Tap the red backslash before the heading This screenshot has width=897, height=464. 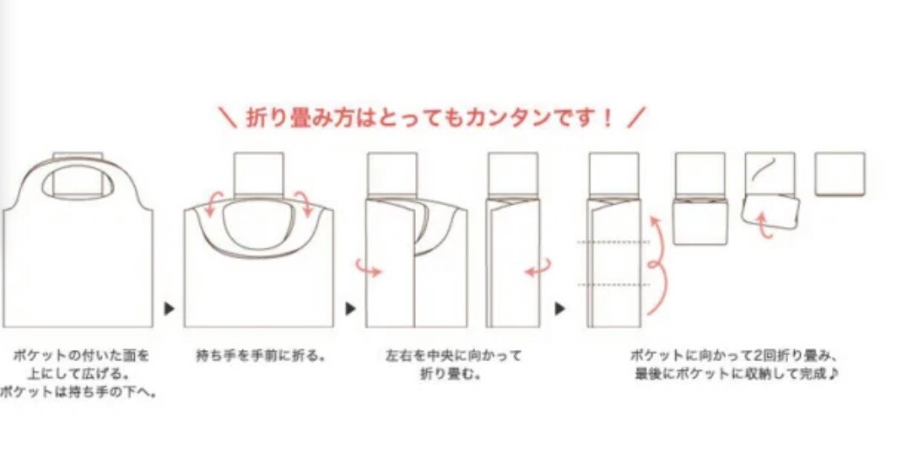(228, 118)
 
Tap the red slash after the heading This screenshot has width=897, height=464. (635, 118)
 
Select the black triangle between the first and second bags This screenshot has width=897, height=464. (169, 309)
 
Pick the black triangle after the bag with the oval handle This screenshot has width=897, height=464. (350, 309)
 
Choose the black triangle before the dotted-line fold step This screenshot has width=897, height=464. (560, 309)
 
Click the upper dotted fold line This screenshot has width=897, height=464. (613, 242)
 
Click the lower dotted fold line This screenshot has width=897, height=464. (613, 284)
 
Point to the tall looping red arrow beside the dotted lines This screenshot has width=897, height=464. (658, 265)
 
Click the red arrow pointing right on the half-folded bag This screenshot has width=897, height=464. (369, 268)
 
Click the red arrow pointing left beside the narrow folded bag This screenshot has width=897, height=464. (538, 268)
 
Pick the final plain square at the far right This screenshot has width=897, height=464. (840, 174)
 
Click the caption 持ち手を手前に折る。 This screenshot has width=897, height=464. (261, 356)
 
